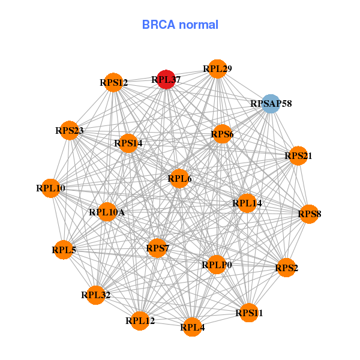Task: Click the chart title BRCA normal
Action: [x=180, y=25]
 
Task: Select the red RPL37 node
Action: [x=166, y=79]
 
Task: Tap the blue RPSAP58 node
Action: [x=271, y=104]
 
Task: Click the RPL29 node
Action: [x=217, y=69]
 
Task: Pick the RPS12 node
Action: [x=113, y=82]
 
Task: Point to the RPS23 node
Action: [x=70, y=130]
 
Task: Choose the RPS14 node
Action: [x=128, y=143]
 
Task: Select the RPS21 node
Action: [x=298, y=156]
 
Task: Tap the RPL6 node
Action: [x=179, y=178]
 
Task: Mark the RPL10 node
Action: [x=51, y=188]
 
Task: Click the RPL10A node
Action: [x=107, y=211]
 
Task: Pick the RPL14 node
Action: [x=247, y=203]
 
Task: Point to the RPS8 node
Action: [x=309, y=214]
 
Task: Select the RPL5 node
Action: [x=64, y=250]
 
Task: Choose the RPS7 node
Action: [x=157, y=248]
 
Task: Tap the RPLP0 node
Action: [x=217, y=265]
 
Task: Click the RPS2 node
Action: [x=286, y=268]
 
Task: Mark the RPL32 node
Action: [x=95, y=295]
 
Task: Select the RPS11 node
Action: [x=249, y=313]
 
